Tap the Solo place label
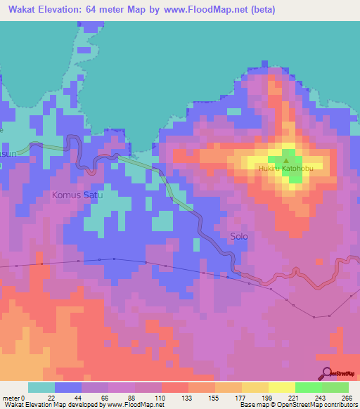[239, 237]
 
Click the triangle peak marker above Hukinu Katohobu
[286, 159]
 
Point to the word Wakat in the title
[22, 10]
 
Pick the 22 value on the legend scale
[51, 397]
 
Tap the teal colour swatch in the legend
[41, 387]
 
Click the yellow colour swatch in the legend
[282, 387]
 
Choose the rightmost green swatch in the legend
[335, 387]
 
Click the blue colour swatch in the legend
[68, 387]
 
